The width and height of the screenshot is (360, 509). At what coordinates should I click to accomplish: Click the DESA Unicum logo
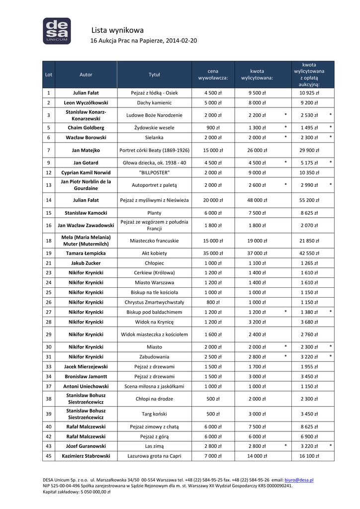[57, 30]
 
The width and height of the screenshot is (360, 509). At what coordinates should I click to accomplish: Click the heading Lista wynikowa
[117, 30]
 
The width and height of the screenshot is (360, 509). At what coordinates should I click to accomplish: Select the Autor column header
[86, 75]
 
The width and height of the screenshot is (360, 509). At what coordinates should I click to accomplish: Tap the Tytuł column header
[154, 75]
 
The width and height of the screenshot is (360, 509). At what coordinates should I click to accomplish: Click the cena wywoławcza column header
[213, 75]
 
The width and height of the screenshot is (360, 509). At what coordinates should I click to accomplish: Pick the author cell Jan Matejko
[86, 150]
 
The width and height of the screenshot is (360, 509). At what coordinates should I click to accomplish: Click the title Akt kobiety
[154, 253]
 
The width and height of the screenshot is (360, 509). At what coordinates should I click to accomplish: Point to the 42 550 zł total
[309, 253]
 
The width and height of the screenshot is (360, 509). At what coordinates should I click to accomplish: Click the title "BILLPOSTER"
[154, 172]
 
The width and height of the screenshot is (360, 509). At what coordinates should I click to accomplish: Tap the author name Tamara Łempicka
[86, 253]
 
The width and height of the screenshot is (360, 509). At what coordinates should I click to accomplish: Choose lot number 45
[49, 455]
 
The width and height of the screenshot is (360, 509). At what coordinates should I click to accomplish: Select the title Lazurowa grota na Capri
[154, 455]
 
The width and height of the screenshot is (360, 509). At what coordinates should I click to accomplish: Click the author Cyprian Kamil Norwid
[86, 172]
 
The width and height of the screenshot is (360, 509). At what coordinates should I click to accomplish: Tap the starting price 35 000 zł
[213, 253]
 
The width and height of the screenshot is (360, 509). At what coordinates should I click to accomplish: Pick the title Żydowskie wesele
[154, 127]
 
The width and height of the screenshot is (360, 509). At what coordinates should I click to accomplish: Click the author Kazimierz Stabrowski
[86, 455]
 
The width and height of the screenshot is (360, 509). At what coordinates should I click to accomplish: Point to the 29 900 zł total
[309, 150]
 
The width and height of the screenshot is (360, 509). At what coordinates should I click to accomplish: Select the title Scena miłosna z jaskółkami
[154, 386]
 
